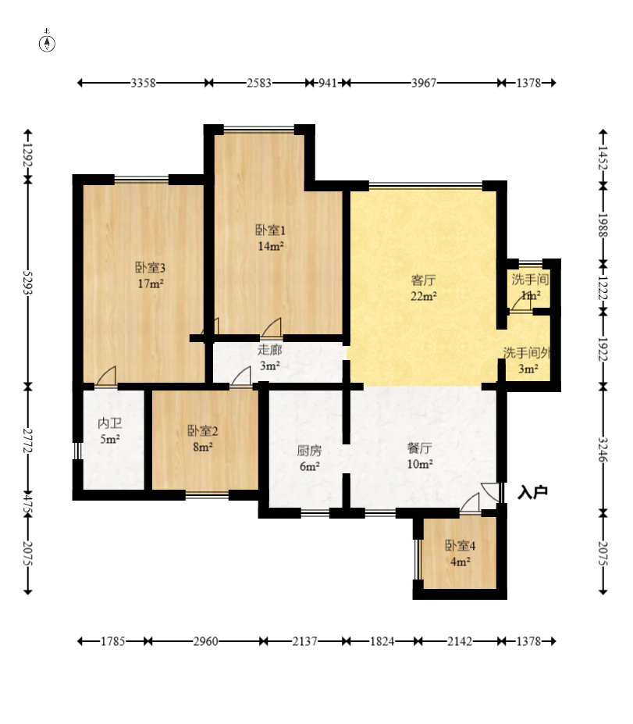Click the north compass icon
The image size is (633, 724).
47,41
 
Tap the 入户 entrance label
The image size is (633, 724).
532,492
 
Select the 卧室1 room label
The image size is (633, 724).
270,230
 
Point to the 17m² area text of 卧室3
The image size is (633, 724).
151,284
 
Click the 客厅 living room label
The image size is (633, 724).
423,280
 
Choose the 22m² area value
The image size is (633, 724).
424,297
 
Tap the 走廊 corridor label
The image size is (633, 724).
269,350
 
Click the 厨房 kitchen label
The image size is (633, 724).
309,450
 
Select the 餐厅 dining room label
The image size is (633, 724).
419,448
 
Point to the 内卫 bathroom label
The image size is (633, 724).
110,423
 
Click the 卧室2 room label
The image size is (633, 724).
202,431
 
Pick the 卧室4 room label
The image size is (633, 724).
460,546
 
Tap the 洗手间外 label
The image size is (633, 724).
527,353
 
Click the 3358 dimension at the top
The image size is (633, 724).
143,83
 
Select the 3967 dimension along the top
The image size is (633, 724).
424,83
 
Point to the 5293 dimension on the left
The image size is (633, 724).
27,283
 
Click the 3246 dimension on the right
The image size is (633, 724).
603,449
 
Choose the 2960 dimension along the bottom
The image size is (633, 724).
205,641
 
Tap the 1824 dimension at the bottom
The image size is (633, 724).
382,641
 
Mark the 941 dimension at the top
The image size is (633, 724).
328,83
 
